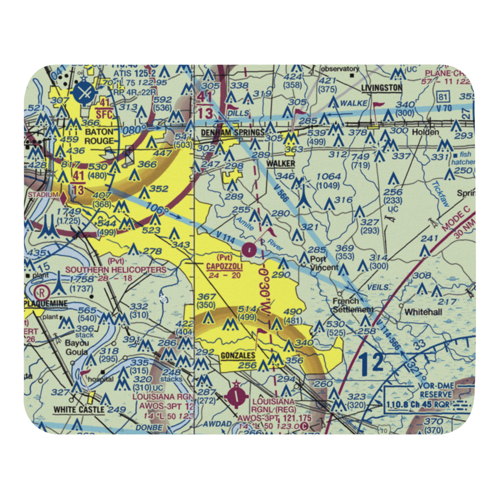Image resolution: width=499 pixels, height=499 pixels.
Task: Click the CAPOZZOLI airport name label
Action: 224,266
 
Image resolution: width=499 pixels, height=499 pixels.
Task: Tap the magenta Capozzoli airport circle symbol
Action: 249,248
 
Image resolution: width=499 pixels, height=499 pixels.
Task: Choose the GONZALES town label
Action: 237,356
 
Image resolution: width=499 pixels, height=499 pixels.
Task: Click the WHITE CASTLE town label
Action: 79,410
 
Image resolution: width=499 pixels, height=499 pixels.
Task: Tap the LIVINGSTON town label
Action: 381,88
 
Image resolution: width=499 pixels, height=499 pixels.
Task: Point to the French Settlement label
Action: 352,305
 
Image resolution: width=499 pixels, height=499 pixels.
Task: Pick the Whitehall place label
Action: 423,311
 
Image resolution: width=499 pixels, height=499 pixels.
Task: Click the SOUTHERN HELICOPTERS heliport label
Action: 116,270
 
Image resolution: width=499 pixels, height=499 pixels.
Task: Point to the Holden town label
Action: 425,132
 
